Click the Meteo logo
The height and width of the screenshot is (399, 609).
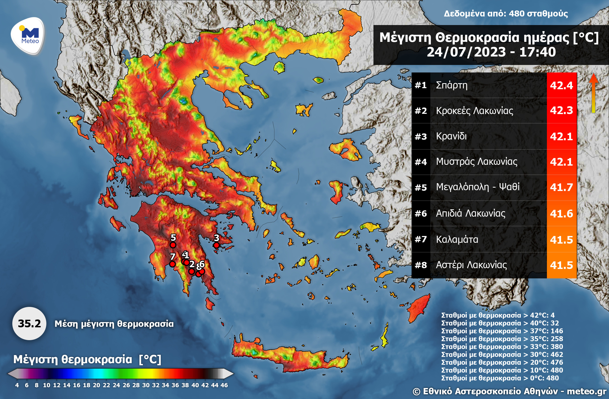28,36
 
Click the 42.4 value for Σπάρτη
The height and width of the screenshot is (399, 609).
561,85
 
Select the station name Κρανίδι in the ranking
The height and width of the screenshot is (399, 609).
451,136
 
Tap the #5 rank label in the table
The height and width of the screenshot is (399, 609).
421,187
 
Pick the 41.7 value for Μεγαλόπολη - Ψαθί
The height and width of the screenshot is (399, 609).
561,187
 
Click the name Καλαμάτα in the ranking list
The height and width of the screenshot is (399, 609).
457,239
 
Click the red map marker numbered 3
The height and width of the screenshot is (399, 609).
216,245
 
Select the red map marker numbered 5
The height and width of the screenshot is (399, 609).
173,245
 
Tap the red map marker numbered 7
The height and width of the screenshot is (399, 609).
172,264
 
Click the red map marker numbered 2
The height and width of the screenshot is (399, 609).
192,272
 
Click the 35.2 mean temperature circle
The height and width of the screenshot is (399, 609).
29,324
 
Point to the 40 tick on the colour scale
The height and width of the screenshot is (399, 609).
195,385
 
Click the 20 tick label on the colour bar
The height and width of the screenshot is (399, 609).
96,385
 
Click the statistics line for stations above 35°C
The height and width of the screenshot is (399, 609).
502,339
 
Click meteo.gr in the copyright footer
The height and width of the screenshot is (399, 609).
586,391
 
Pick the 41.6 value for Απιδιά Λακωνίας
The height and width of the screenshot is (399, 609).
561,213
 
